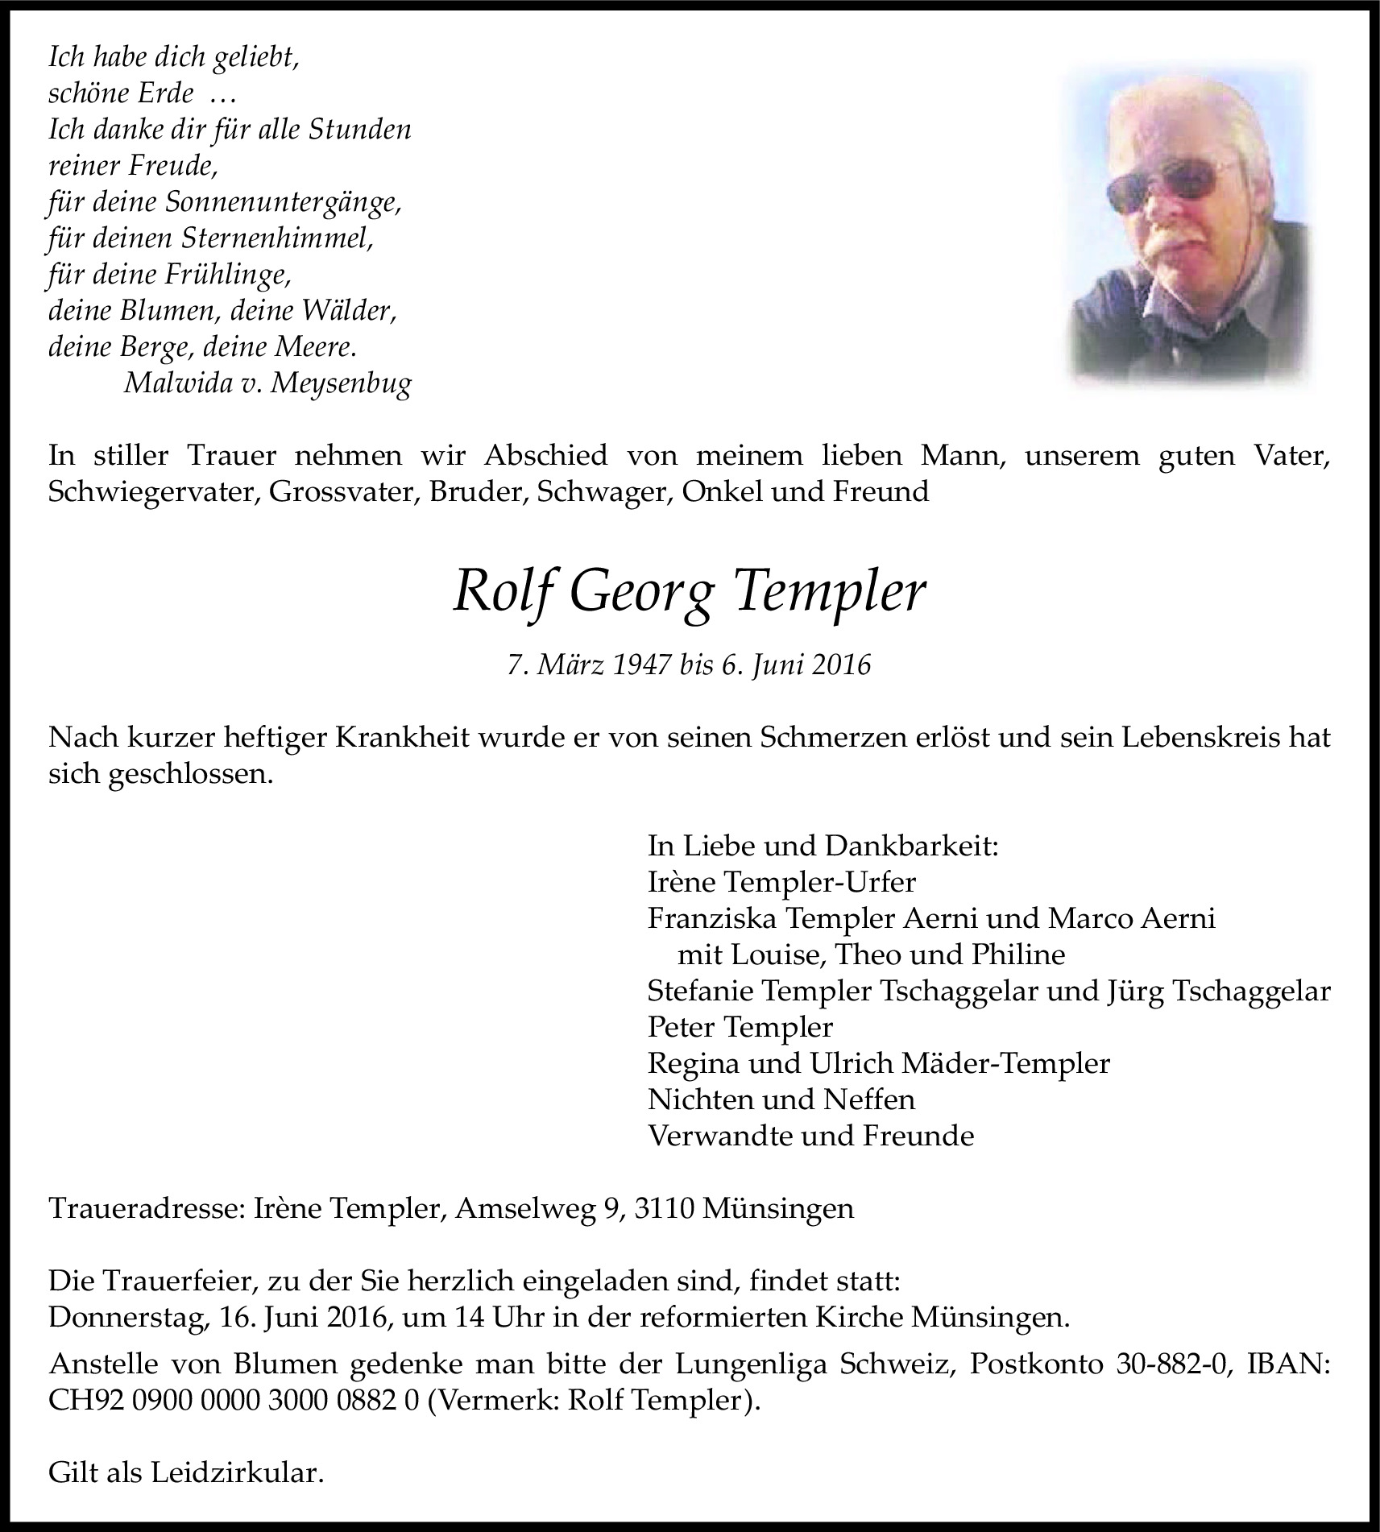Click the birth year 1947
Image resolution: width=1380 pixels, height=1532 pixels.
coord(643,665)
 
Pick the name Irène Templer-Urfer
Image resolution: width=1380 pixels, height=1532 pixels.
coord(781,882)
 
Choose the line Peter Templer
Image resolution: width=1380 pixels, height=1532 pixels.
coord(740,1027)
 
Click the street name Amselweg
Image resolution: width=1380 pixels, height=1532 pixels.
coord(528,1208)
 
